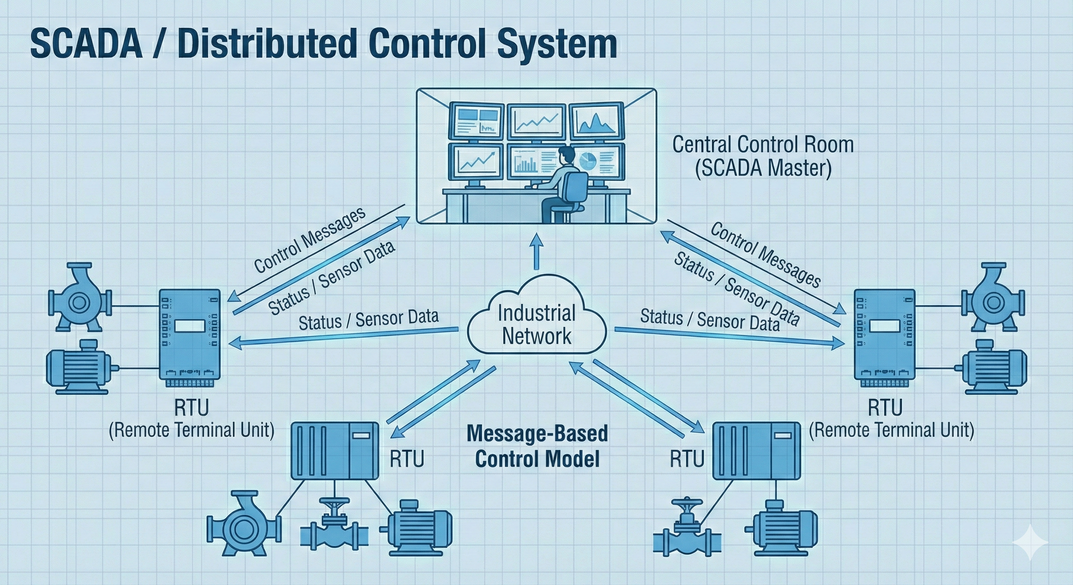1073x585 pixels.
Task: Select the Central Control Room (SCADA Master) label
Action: point(763,156)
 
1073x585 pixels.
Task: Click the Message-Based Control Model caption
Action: point(537,446)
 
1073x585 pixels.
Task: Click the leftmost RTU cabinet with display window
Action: point(190,334)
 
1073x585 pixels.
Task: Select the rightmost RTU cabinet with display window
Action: point(885,334)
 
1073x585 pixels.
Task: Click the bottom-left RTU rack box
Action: point(335,451)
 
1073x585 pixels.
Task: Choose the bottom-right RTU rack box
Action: point(756,451)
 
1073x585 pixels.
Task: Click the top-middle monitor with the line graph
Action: point(537,121)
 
